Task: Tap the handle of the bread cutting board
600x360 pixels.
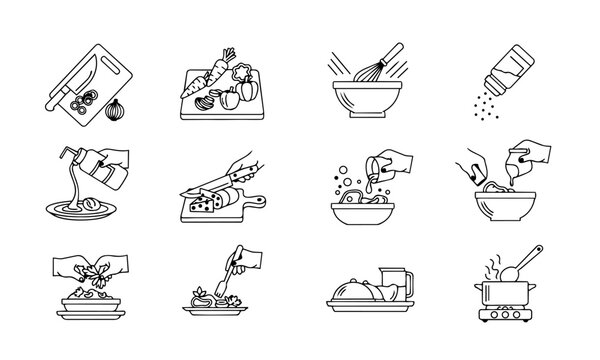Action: coord(257,201)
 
